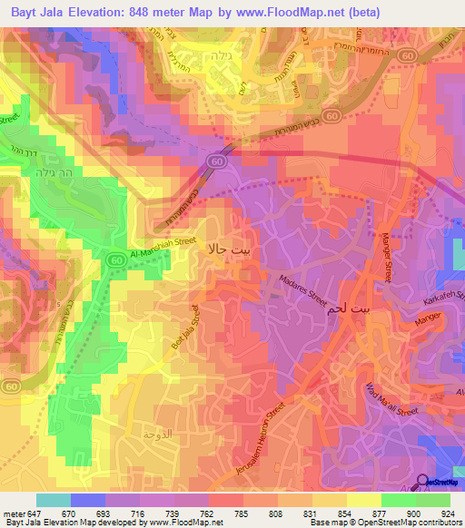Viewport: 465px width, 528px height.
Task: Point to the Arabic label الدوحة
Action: (156, 434)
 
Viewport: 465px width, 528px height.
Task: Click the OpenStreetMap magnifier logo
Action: (422, 482)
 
